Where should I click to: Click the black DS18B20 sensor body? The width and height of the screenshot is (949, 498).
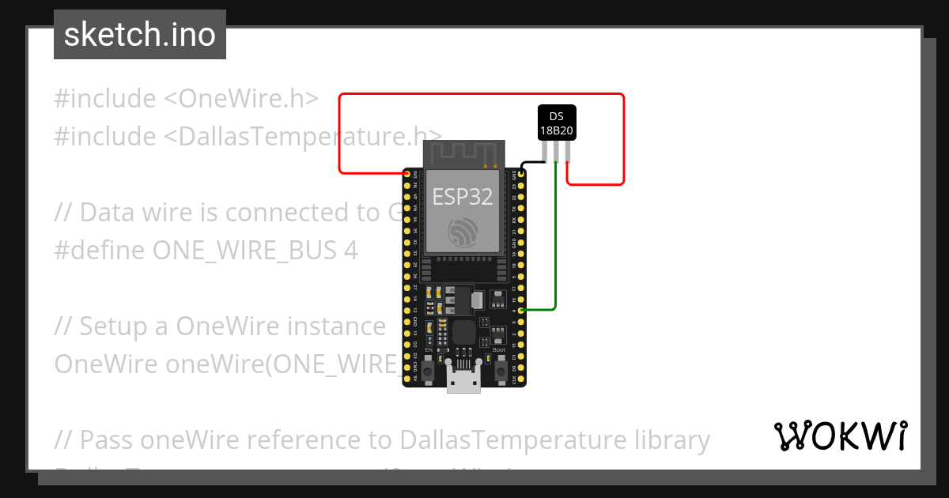point(557,123)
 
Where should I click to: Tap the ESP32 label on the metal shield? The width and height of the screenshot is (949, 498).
point(463,197)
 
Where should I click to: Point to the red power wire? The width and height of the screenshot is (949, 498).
point(475,94)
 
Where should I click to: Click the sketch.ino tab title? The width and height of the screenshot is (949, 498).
point(140,35)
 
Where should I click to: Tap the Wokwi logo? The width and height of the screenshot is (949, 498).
point(840,436)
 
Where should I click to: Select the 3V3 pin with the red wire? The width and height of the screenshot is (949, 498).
point(407,174)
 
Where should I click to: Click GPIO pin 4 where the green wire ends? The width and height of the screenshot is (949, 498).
point(521,311)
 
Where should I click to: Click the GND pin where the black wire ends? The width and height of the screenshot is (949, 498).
point(521,173)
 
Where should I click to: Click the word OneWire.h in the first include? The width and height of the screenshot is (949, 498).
point(248,99)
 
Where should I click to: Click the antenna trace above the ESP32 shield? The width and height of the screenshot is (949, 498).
point(463,152)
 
